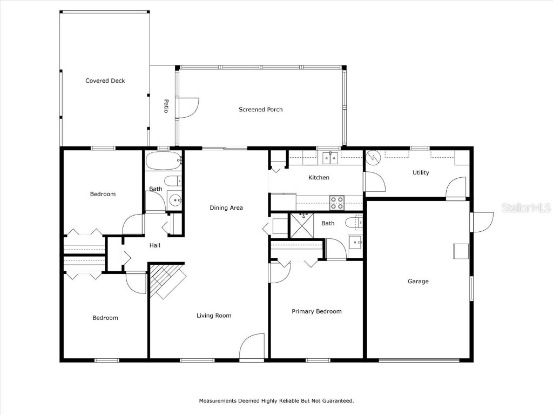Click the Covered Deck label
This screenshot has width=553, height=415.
[105, 81]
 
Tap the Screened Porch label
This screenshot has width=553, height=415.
[260, 110]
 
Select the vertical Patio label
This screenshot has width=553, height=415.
[166, 106]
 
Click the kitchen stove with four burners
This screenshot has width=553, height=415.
[337, 203]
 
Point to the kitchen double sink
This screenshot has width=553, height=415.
[330, 158]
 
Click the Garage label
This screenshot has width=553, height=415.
[418, 282]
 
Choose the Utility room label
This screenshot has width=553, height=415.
[421, 173]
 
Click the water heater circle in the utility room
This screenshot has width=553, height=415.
[374, 158]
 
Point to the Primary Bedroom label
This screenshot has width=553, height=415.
[316, 312]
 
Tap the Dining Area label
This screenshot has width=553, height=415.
[226, 208]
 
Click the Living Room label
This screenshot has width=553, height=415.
[214, 316]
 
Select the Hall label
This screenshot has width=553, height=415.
[155, 246]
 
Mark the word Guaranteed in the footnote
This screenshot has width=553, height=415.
[336, 401]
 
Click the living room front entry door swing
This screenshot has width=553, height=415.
[252, 347]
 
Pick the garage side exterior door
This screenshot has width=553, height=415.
[482, 222]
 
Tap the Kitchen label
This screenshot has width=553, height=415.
[319, 178]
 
